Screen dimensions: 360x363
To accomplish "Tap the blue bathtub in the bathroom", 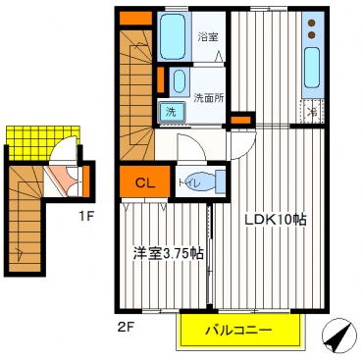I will [173, 37].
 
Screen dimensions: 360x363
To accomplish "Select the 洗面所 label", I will [209, 97].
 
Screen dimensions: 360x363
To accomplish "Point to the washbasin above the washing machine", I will [179, 81].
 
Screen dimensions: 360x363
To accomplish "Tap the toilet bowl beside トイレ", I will [218, 181].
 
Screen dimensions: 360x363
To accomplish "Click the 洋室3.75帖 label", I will [168, 253].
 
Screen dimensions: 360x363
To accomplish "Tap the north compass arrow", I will [338, 338].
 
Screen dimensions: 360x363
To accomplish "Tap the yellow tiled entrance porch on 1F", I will [31, 136].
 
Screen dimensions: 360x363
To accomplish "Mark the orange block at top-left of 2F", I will [133, 17].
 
